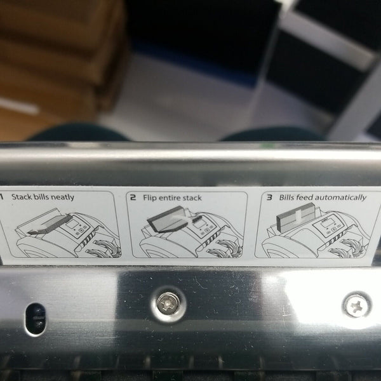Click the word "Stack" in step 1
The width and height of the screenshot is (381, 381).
coord(22,197)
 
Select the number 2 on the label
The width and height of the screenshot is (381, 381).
coord(133,197)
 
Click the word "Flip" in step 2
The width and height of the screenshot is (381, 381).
coord(149,197)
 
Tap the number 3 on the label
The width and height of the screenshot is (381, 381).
coord(269,197)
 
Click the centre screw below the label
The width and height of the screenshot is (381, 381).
coord(168,304)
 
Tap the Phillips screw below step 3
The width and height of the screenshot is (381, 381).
coord(357,305)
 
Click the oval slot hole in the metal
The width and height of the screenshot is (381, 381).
coord(36,319)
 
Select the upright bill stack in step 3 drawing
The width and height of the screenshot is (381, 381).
coord(296,217)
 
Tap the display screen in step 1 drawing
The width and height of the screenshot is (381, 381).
coord(72,224)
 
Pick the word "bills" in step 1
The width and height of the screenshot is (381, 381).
coord(41,197)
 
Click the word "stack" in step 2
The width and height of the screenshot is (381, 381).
coord(192,198)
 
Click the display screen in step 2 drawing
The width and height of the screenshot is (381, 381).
coord(199,224)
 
